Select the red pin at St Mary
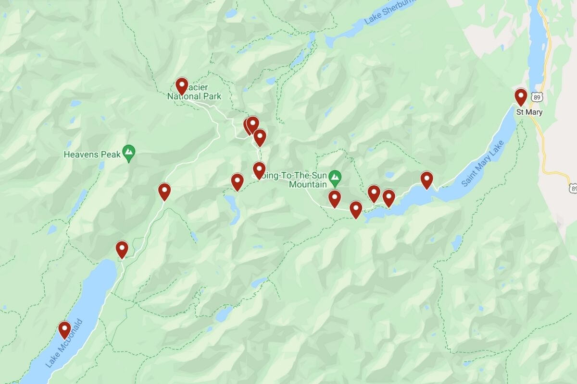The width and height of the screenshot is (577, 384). point(521,97)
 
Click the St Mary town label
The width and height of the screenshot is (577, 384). point(529,112)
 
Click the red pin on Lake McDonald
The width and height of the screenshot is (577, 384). point(64,330)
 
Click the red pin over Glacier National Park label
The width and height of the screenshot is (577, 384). point(181,86)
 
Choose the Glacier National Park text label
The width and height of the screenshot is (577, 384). point(195,96)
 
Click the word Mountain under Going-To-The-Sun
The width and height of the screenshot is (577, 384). point(308,183)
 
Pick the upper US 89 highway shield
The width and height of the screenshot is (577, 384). point(537,97)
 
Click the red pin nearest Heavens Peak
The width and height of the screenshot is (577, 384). point(164,192)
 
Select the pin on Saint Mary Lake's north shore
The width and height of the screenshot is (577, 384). point(426,180)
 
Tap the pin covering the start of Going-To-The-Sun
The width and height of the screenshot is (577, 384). point(259,170)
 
